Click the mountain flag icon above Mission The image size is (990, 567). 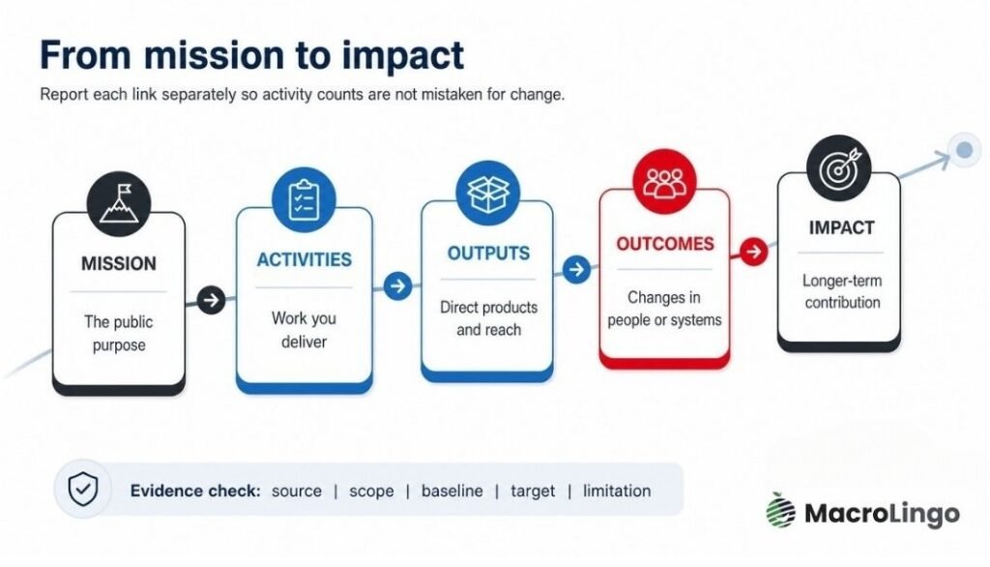119,203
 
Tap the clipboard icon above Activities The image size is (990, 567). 304,199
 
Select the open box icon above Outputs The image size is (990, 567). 487,193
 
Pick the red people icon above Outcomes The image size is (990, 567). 664,181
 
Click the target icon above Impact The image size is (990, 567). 838,167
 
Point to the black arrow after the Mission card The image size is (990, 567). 211,300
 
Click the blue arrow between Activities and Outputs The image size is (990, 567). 397,286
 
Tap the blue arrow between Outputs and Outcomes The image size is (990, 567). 576,270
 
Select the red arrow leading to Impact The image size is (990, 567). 753,252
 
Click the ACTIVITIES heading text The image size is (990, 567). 305,260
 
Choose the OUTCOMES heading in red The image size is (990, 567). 665,244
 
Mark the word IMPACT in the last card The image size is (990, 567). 842,227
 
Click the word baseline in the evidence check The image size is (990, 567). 452,492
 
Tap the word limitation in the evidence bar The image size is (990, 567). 616,492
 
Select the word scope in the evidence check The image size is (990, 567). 371,492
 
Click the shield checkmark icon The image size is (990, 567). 83,489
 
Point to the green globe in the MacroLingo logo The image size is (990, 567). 781,510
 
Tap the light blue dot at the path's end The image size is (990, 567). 964,150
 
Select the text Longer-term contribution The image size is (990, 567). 842,291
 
